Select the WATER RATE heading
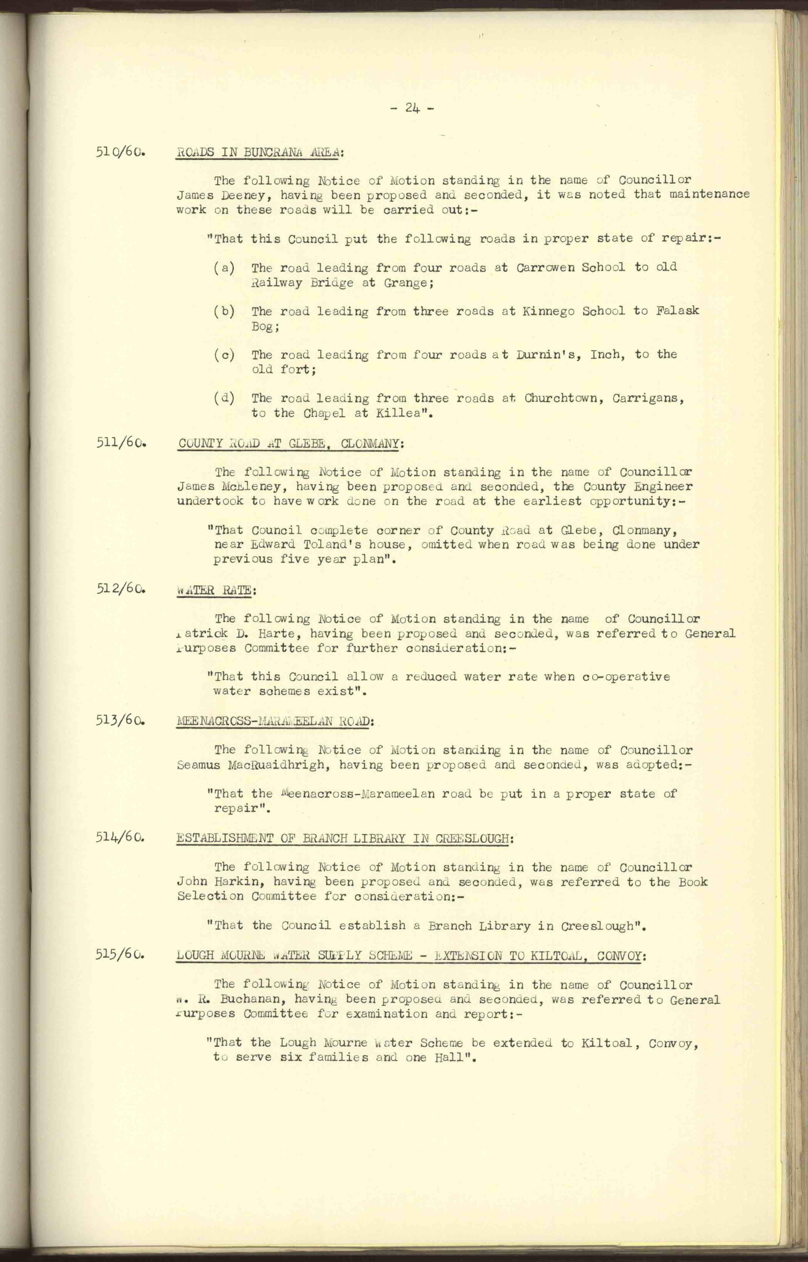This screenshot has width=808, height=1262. (x=215, y=590)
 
